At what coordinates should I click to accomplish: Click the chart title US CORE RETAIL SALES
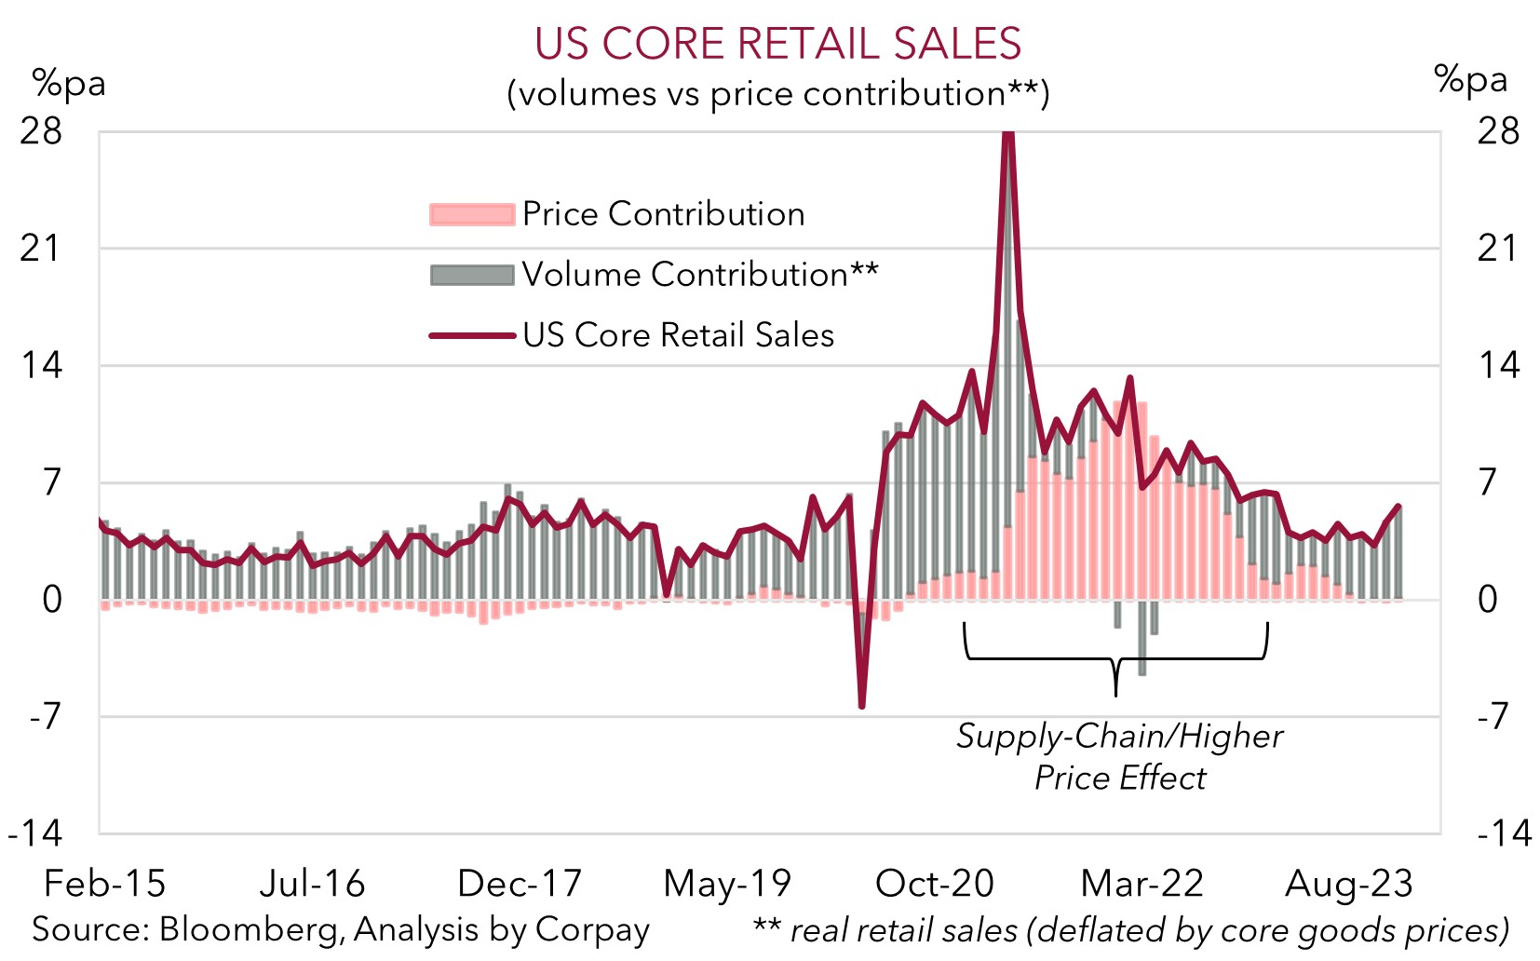(777, 44)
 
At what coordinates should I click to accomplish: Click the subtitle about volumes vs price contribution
(777, 94)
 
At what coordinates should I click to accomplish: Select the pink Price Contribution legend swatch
(471, 214)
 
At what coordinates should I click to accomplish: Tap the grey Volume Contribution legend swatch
(471, 275)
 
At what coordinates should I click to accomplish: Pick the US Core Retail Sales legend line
(471, 335)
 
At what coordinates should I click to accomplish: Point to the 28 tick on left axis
(41, 131)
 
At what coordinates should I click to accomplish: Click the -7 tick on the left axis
(44, 717)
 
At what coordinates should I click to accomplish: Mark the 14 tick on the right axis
(1498, 365)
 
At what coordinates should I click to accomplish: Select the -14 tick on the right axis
(1503, 832)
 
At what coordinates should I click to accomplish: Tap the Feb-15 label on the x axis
(104, 884)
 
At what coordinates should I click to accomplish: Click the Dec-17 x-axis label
(520, 884)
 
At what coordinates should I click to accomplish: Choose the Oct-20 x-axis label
(935, 884)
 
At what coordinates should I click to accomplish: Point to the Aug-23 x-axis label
(1348, 884)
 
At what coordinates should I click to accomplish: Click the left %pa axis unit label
(69, 84)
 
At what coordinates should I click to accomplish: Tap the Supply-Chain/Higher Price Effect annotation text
(1119, 756)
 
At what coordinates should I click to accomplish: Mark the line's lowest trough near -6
(861, 705)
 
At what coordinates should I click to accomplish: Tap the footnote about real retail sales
(1130, 929)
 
